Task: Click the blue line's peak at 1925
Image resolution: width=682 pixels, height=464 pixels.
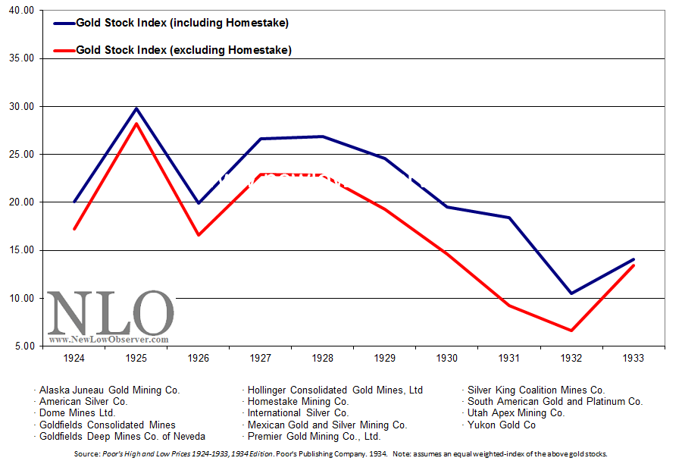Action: pyautogui.click(x=137, y=108)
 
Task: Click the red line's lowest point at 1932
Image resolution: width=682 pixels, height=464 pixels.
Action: pyautogui.click(x=571, y=331)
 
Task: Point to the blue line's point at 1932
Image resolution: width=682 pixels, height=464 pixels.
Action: pyautogui.click(x=571, y=293)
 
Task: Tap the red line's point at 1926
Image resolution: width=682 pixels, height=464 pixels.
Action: pyautogui.click(x=199, y=235)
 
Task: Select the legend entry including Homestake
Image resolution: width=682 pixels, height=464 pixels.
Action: pyautogui.click(x=182, y=23)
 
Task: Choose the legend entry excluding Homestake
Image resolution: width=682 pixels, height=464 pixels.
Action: pyautogui.click(x=183, y=50)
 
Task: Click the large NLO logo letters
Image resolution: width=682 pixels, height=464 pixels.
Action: pyautogui.click(x=111, y=312)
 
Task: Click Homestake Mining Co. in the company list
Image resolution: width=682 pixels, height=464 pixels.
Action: pyautogui.click(x=298, y=401)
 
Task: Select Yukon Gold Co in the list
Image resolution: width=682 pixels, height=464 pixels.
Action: pyautogui.click(x=501, y=425)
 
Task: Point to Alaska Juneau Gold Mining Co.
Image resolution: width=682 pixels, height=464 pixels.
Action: pyautogui.click(x=110, y=390)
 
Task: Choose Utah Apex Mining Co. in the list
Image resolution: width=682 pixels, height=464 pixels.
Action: pyautogui.click(x=516, y=413)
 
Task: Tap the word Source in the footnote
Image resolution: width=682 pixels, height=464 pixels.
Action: pyautogui.click(x=86, y=453)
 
